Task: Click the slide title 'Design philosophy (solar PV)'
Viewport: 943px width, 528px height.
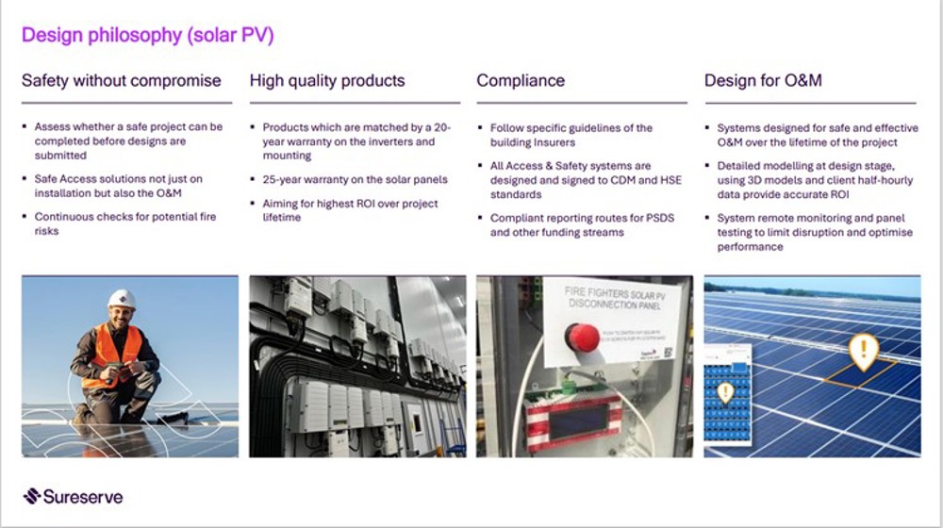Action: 148,36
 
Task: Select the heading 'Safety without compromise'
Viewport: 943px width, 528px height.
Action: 122,81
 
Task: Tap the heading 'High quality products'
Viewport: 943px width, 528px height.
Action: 327,81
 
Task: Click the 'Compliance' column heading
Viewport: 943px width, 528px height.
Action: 521,81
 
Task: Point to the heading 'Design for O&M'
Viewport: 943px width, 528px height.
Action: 763,81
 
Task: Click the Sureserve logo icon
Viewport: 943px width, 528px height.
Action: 32,496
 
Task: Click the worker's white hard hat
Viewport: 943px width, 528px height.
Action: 122,299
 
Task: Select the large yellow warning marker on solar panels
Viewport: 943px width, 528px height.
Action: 863,351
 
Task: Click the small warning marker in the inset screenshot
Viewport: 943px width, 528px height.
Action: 725,392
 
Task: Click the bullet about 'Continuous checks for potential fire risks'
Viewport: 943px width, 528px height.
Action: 124,223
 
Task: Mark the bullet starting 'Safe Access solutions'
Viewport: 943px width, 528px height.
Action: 118,186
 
